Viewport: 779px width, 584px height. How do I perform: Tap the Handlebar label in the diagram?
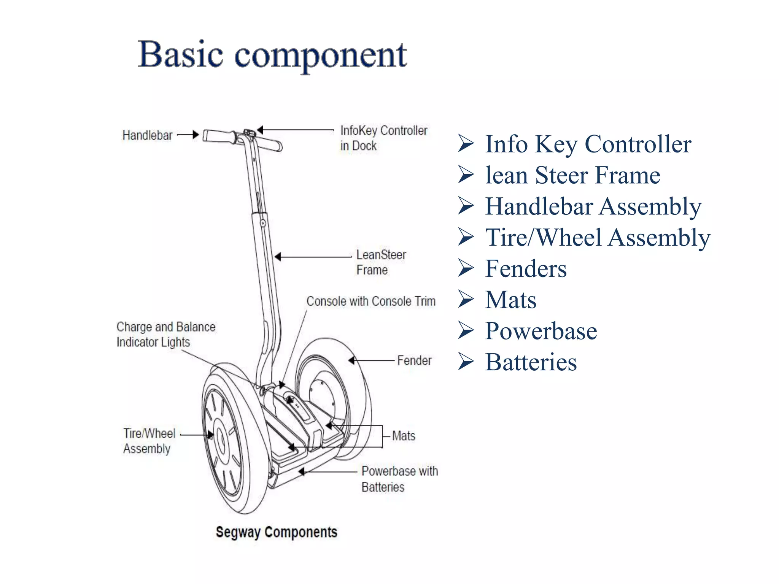point(147,135)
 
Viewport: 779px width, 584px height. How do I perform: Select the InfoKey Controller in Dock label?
point(383,138)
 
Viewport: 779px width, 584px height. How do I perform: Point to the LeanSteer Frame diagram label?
point(381,262)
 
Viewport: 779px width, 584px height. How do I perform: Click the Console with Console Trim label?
point(371,301)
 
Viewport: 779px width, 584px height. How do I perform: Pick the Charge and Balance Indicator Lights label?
point(165,335)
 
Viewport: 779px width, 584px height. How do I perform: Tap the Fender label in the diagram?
point(414,360)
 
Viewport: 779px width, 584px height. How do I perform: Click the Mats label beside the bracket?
point(404,436)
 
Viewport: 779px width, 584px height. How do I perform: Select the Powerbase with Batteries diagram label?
point(399,479)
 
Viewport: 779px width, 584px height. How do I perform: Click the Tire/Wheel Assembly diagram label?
point(149,441)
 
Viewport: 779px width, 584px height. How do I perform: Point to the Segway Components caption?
point(277,532)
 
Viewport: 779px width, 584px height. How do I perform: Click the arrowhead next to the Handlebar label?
point(195,135)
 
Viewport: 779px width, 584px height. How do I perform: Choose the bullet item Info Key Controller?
point(588,144)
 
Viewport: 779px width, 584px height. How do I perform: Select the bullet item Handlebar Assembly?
point(593,206)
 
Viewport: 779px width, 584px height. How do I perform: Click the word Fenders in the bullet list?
point(526,269)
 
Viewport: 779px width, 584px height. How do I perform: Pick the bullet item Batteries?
point(531,362)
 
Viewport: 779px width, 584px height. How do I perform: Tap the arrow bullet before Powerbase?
point(466,330)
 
